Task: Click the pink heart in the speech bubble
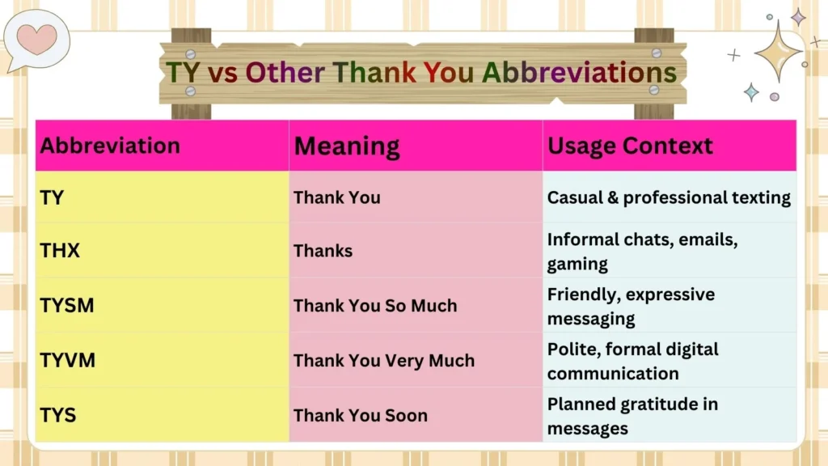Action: pos(36,39)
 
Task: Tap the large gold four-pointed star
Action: pos(778,51)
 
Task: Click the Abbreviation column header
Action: pos(110,146)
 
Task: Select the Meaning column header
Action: pos(346,146)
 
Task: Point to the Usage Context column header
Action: pos(630,146)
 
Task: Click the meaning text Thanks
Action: pos(323,251)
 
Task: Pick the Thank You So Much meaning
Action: pos(375,305)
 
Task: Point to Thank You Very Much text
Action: pos(384,361)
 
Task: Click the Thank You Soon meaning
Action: pos(360,415)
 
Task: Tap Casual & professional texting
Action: pos(669,197)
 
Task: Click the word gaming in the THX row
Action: pos(577,264)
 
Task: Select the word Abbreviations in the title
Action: pos(579,72)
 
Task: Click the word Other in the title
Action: pos(285,72)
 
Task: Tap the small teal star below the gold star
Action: pos(751,92)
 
